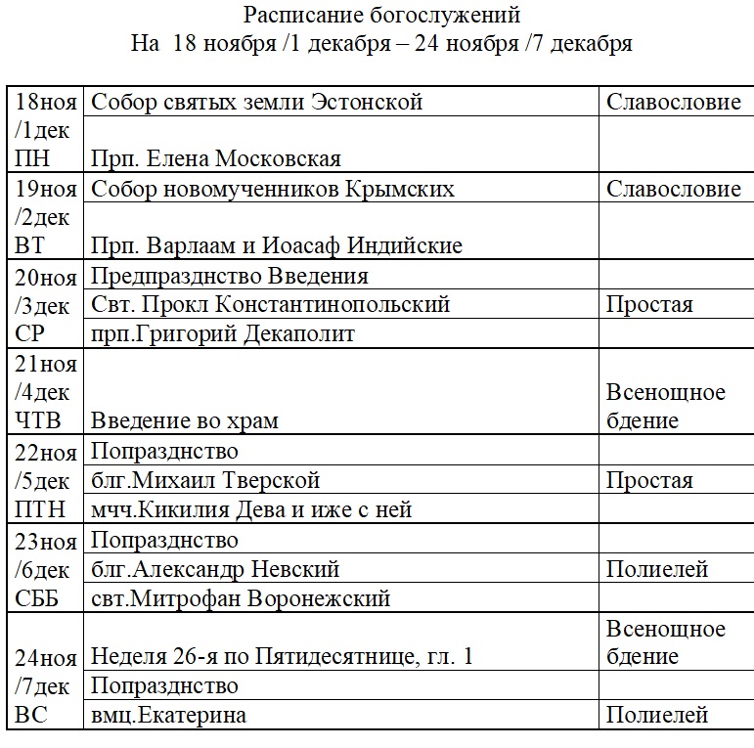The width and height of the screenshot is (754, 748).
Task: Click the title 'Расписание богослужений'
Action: click(x=382, y=16)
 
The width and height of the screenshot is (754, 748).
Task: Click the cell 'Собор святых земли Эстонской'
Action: click(x=256, y=102)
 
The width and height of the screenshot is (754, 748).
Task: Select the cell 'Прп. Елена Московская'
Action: click(x=216, y=158)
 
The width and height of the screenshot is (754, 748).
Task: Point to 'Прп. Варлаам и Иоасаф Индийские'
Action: click(x=277, y=244)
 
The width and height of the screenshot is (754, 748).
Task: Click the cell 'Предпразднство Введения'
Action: click(x=230, y=275)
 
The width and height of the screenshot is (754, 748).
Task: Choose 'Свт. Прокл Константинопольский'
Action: click(x=271, y=304)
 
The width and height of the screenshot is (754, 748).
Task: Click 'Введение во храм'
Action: click(x=185, y=421)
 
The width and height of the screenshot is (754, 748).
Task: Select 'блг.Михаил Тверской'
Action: click(x=206, y=480)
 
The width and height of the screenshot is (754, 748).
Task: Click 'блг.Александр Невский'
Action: click(x=216, y=569)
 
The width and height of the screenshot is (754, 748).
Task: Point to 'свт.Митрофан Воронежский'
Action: click(x=241, y=598)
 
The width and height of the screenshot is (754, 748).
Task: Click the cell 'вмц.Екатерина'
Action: click(x=169, y=716)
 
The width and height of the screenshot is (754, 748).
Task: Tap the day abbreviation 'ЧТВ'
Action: click(x=38, y=421)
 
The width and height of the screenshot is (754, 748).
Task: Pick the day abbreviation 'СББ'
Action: click(x=38, y=598)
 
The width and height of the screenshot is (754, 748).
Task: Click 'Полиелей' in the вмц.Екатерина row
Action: click(x=657, y=716)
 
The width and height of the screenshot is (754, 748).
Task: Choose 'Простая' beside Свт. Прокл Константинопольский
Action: click(x=649, y=304)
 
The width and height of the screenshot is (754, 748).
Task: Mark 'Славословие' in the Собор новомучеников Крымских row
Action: click(x=674, y=188)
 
